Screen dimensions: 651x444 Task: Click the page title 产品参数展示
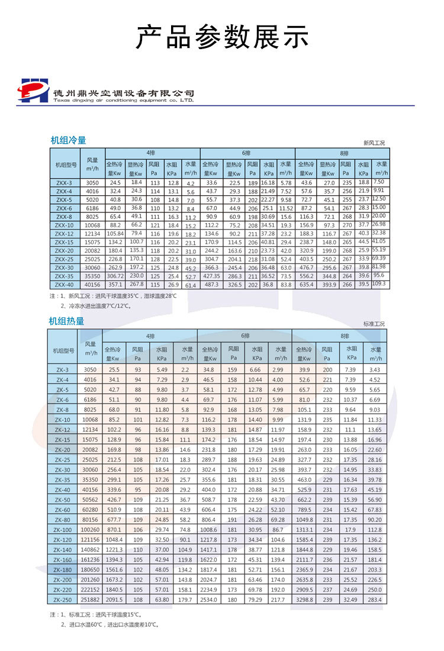(222, 37)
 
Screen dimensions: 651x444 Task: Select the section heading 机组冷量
(68, 140)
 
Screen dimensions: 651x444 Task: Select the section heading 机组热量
(66, 321)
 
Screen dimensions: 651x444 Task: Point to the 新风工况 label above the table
(374, 143)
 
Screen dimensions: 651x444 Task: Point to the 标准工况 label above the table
(374, 324)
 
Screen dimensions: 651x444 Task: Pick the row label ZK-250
(62, 600)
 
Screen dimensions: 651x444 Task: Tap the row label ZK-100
(62, 529)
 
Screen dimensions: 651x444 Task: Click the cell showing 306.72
(115, 276)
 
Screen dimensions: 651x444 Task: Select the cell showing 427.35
(212, 276)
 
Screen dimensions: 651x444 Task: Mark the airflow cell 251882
(90, 600)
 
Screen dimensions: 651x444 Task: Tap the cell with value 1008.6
(208, 529)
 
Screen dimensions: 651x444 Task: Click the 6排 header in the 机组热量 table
(243, 335)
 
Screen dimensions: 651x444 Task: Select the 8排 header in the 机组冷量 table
(344, 153)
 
